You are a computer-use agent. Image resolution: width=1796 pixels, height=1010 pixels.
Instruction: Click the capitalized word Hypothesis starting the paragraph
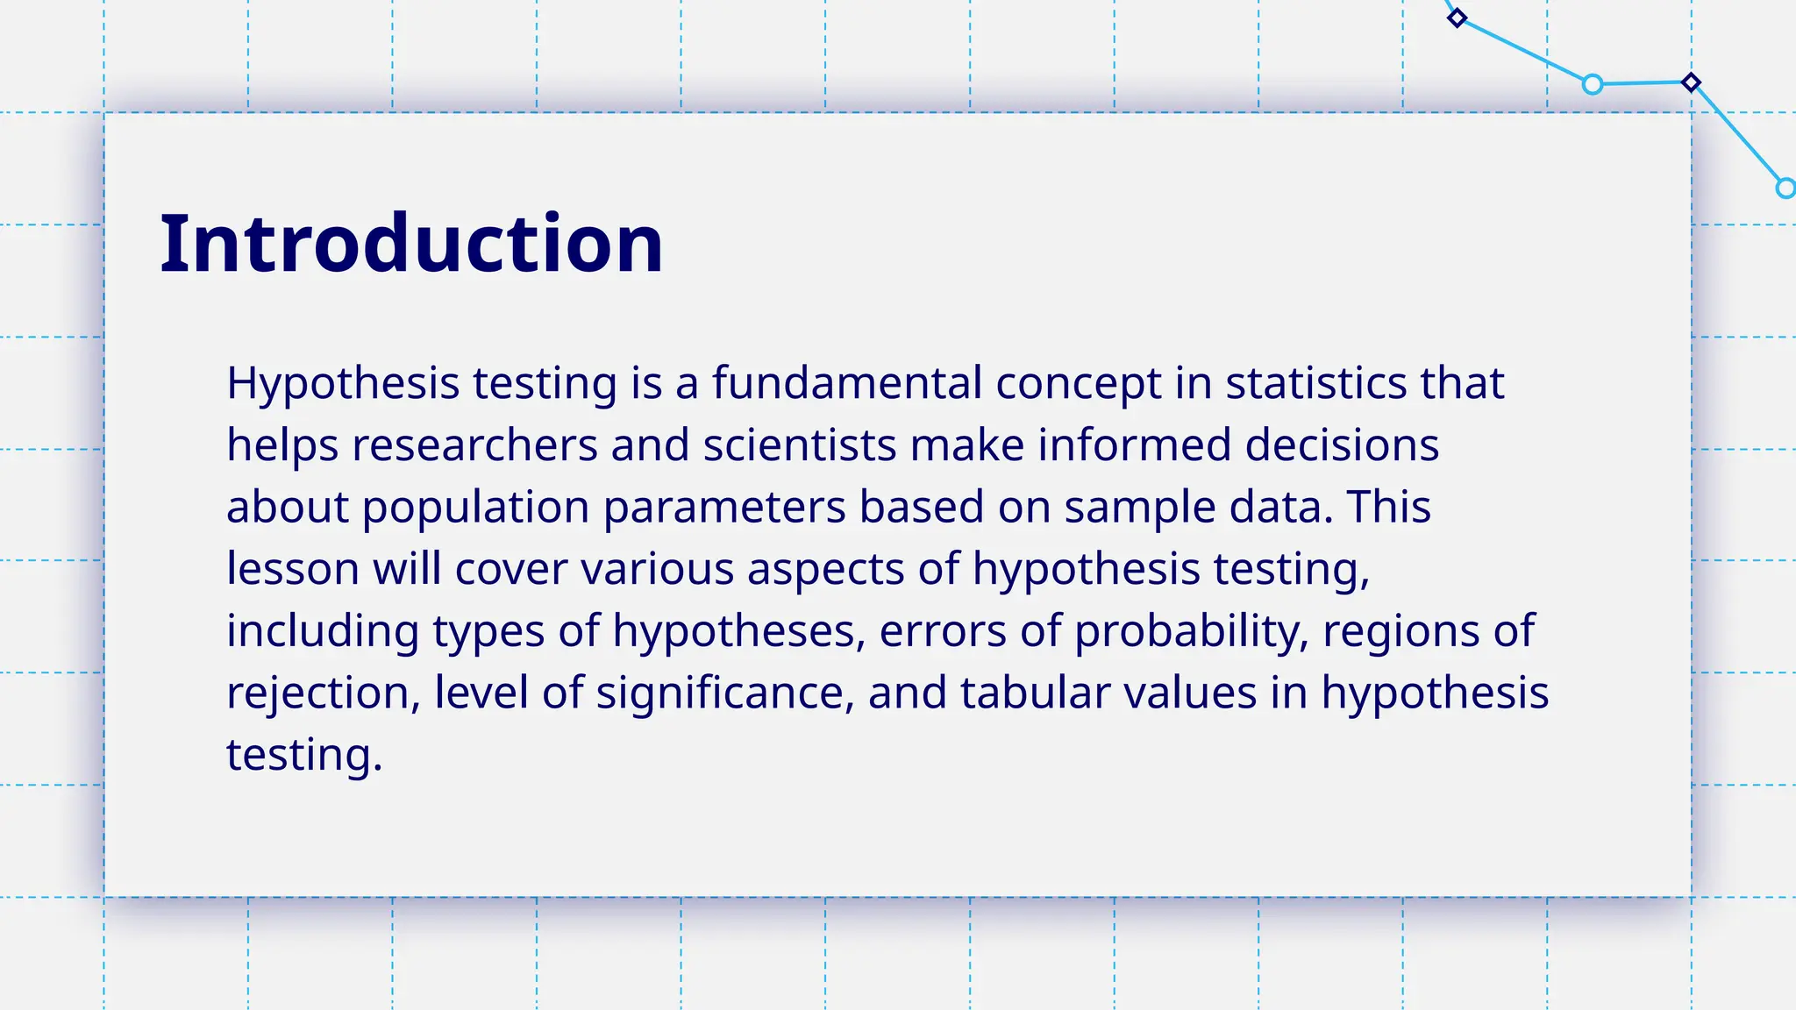(x=343, y=384)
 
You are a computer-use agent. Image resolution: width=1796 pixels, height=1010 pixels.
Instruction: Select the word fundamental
(x=846, y=383)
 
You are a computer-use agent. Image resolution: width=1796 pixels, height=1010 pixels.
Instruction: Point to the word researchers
(x=474, y=445)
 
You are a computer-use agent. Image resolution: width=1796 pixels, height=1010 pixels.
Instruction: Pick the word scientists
(x=799, y=445)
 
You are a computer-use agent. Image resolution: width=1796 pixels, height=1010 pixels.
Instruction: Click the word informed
(x=1135, y=445)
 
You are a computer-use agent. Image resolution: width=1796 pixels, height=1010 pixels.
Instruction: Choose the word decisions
(x=1342, y=445)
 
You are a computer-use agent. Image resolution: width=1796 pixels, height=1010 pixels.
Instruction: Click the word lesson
(x=293, y=569)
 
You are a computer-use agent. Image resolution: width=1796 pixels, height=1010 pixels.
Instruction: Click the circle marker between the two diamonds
(x=1593, y=84)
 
